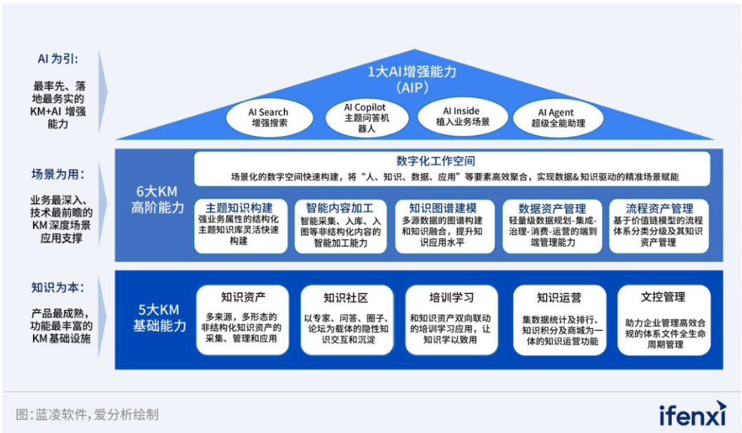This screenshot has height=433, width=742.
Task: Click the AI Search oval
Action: (269, 118)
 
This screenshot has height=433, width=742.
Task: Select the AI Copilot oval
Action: (367, 118)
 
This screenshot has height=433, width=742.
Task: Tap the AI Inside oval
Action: (463, 117)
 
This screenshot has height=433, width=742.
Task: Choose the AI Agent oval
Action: (559, 118)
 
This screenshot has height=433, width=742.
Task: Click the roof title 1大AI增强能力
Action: (412, 72)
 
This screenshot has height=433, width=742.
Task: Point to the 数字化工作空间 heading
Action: (436, 161)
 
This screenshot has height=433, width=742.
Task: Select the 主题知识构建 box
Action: (240, 225)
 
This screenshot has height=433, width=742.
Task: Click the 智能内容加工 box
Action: (340, 225)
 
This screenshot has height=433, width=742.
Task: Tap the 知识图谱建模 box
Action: (445, 225)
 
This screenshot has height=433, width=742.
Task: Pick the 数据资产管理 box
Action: (552, 225)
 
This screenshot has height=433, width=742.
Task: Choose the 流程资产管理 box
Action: (659, 225)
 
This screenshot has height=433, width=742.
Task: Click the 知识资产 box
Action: (243, 320)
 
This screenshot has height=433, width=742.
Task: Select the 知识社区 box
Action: (347, 320)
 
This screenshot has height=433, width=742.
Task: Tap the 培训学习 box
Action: (451, 320)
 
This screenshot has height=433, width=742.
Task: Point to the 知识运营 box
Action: (560, 320)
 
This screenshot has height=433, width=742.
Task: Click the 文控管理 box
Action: (664, 320)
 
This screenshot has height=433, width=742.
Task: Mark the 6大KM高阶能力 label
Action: (157, 199)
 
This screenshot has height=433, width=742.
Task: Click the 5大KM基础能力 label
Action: (159, 318)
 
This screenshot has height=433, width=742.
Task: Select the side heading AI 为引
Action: (58, 58)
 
